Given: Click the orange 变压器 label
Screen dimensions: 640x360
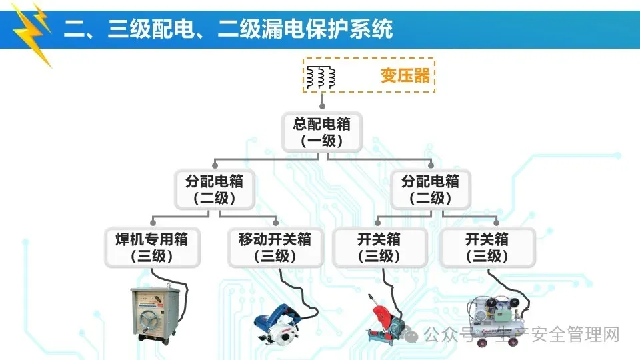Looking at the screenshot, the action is (x=405, y=75).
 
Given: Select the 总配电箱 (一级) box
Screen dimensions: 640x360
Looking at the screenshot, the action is (x=322, y=131).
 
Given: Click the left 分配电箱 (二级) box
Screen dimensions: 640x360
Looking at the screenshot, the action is (x=215, y=189).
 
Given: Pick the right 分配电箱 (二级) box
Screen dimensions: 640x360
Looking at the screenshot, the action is (x=430, y=189).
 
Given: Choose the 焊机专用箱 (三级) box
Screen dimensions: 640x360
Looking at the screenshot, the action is (x=153, y=247).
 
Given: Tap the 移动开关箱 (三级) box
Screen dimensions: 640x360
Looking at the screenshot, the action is (x=275, y=247).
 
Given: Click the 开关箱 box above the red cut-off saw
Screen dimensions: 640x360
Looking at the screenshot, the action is (x=379, y=247).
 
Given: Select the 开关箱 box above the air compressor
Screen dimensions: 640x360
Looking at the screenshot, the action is (x=487, y=247).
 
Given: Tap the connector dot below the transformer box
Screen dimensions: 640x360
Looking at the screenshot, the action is (x=322, y=105).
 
